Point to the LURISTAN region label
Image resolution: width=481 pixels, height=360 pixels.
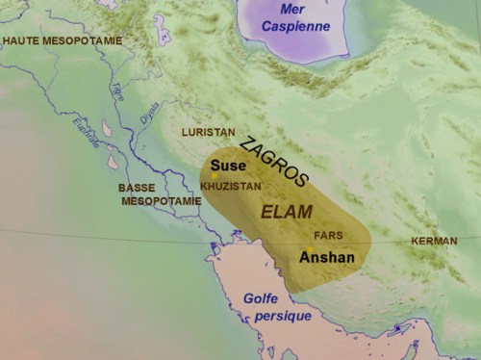(208, 130)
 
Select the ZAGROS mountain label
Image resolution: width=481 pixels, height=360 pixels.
(274, 160)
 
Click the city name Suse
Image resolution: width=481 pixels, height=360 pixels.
(227, 165)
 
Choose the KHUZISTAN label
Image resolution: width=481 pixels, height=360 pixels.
(231, 183)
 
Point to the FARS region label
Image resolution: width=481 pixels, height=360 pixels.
(328, 235)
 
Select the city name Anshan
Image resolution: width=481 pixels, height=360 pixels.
(327, 257)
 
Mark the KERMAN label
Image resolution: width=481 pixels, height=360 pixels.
(432, 240)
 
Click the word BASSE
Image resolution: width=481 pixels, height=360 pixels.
(137, 188)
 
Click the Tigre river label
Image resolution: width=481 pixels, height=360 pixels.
(117, 90)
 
